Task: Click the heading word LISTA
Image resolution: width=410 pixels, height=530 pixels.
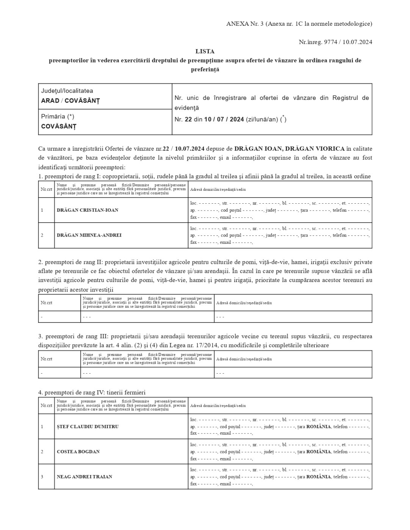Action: (205, 51)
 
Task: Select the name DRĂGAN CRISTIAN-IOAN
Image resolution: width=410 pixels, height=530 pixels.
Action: (88, 210)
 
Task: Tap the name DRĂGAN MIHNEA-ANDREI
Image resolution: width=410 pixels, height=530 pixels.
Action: (89, 235)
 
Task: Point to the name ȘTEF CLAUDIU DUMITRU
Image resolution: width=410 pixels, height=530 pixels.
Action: (88, 427)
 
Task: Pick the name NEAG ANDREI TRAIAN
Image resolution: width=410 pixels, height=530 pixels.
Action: (85, 477)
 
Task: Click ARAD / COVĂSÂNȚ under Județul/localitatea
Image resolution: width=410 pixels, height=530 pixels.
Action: (70, 101)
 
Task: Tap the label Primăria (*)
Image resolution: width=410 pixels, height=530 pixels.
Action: (58, 117)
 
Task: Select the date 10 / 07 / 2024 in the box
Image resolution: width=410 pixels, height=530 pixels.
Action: (224, 120)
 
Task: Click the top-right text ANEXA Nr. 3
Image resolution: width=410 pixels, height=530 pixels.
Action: (245, 24)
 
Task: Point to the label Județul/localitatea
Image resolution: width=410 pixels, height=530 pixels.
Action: (67, 91)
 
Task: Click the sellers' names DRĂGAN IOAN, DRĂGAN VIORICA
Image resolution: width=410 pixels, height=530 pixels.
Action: (290, 149)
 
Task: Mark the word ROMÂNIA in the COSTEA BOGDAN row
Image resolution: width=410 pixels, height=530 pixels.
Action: (319, 452)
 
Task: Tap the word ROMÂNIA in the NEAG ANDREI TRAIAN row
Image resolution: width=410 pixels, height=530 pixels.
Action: (319, 477)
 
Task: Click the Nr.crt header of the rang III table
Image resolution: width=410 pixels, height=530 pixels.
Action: (47, 359)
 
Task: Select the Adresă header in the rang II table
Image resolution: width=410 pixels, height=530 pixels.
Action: (244, 303)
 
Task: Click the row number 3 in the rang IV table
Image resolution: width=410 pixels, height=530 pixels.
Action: (42, 477)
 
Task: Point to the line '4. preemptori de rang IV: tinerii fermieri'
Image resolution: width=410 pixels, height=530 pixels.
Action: (92, 393)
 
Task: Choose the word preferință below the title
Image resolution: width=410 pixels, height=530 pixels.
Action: (205, 70)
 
